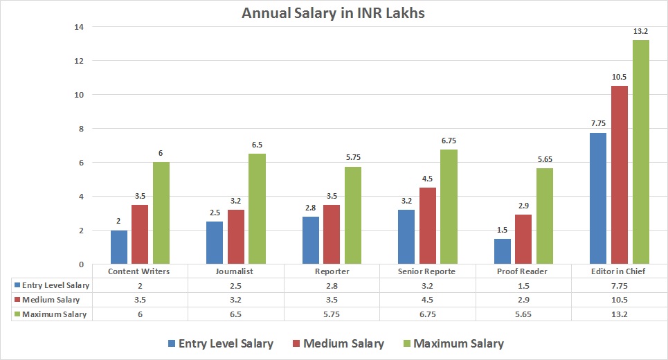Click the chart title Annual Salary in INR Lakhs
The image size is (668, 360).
click(334, 13)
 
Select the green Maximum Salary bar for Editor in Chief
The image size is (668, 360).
click(640, 152)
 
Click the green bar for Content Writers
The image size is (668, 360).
click(161, 213)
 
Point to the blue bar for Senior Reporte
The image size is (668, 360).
click(406, 237)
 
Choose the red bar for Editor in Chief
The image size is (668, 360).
click(619, 175)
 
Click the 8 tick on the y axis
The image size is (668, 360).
click(80, 129)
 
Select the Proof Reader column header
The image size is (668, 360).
click(523, 271)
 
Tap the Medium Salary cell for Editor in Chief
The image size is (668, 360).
click(619, 300)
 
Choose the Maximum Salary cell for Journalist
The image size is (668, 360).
click(236, 314)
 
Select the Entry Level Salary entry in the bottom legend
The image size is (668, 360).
click(220, 343)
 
